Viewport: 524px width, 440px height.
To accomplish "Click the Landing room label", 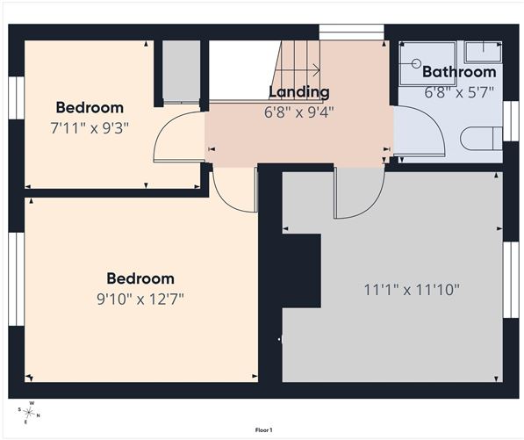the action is (299, 92).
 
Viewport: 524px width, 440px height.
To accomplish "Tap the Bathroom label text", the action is (459, 72).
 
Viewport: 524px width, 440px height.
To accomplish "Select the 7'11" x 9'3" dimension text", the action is (90, 127).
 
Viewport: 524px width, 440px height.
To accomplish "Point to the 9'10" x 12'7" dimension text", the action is (140, 299).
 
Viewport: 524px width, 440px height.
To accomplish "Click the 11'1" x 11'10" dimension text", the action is (412, 290).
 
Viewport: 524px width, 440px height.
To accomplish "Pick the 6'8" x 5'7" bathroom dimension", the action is (459, 92).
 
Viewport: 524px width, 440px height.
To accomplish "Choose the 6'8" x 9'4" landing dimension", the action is (299, 112).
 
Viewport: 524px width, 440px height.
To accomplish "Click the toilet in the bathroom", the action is (481, 138).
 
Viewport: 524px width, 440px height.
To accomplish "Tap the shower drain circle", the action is (416, 63).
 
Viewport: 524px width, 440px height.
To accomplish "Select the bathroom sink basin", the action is (484, 52).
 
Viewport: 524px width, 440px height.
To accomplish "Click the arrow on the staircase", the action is (298, 70).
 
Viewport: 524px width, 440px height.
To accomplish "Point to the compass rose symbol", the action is (29, 413).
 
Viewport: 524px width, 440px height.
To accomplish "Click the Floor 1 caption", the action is (264, 430).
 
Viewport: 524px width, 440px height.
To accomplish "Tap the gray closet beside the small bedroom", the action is (181, 70).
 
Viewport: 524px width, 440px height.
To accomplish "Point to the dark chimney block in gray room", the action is (302, 270).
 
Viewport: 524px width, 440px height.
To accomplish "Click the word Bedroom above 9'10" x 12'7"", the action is (140, 278).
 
